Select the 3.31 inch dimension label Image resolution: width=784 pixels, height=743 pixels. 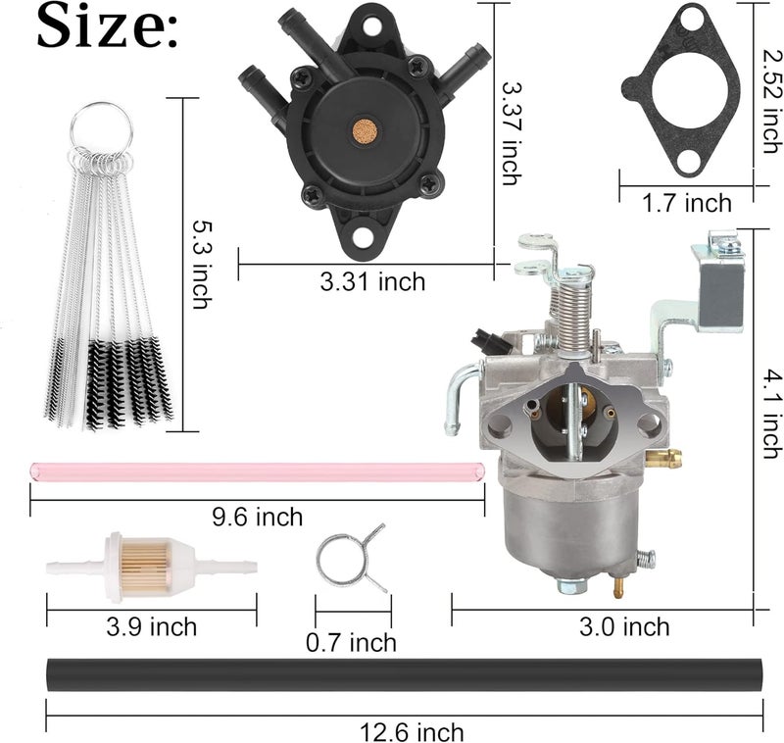(373, 282)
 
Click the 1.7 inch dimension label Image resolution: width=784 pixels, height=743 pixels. (687, 203)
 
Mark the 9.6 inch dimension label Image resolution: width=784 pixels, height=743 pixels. (258, 516)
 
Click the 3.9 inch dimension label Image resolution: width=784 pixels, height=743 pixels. (152, 626)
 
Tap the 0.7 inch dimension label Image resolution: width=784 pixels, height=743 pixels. (351, 643)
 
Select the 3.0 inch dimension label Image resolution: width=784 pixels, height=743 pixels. (624, 626)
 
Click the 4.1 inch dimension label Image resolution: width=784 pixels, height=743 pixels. (770, 411)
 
